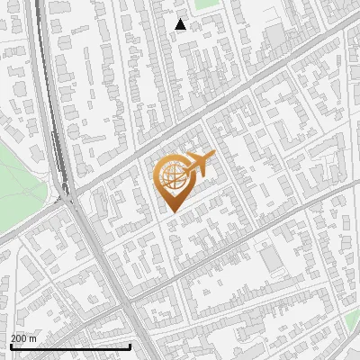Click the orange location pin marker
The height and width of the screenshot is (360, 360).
tap(173, 180)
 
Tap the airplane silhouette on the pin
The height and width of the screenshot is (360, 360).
tap(195, 166)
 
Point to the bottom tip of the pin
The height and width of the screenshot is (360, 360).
tap(172, 211)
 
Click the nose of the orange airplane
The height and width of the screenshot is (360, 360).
tap(212, 157)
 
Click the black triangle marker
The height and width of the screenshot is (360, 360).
tap(181, 25)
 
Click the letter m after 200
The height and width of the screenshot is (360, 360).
tap(33, 338)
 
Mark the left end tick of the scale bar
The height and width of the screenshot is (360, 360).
tap(10, 345)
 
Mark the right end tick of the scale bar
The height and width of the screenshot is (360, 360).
tap(130, 345)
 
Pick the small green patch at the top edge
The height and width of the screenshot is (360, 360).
tap(207, 4)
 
